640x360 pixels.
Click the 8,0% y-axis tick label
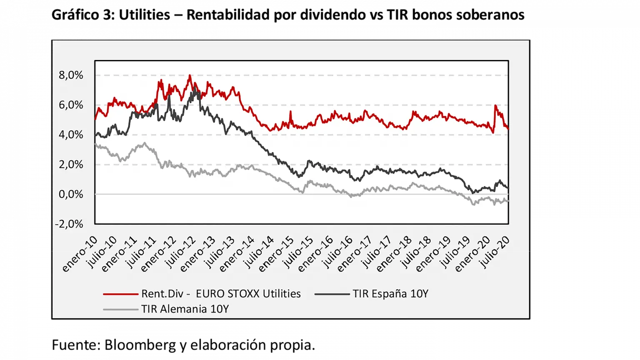tap(71, 75)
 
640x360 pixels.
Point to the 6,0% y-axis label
tap(71, 105)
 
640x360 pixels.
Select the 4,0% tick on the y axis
tap(71, 135)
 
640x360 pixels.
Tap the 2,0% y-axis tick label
tap(71, 165)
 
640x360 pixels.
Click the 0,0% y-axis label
tap(71, 194)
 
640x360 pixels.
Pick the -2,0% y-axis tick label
tap(69, 224)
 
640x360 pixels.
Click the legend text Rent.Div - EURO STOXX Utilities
tap(221, 294)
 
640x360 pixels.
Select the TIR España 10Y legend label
tap(390, 294)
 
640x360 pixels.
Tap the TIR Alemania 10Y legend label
tap(185, 309)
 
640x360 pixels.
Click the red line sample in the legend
tap(120, 294)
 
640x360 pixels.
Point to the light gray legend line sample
tap(120, 310)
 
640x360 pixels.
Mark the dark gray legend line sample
tap(332, 294)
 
